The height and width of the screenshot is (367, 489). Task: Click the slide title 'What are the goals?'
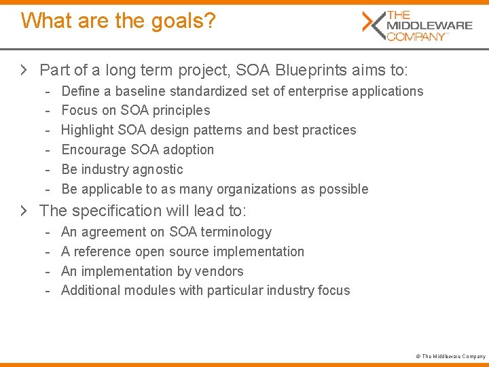[x=118, y=20]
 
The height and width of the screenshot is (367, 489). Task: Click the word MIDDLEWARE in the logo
[x=429, y=26]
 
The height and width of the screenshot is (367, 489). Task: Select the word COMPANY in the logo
[x=416, y=36]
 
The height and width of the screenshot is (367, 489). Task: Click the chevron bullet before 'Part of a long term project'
[x=24, y=69]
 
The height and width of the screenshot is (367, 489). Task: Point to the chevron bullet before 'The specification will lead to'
[x=24, y=211]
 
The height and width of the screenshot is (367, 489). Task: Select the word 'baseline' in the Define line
[x=141, y=91]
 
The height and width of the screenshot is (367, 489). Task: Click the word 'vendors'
[x=221, y=271]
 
